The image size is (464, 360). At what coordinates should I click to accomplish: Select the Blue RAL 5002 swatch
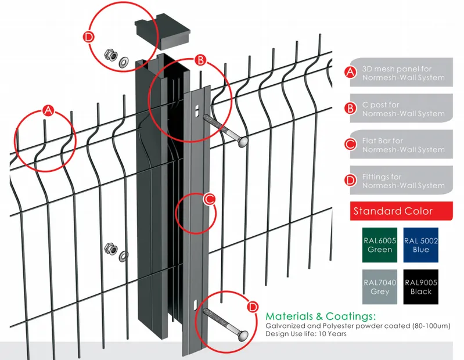(x=420, y=245)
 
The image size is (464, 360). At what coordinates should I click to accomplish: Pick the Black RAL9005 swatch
(x=420, y=287)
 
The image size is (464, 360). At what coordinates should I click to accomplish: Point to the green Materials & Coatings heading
(x=321, y=316)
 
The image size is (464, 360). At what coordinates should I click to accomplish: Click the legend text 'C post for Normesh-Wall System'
(x=402, y=109)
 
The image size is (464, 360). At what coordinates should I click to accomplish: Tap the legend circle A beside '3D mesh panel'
(x=350, y=73)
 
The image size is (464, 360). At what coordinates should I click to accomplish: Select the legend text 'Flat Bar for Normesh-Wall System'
(x=402, y=145)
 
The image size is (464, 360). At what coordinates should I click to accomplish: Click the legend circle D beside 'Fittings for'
(x=350, y=180)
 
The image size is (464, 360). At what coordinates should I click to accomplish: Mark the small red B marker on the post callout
(x=199, y=60)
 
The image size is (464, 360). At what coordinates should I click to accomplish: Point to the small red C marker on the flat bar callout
(x=210, y=199)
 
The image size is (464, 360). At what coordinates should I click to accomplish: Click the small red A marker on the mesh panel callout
(x=48, y=110)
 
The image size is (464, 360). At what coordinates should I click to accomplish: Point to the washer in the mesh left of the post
(x=123, y=255)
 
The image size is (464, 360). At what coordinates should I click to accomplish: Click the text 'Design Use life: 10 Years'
(x=306, y=334)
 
